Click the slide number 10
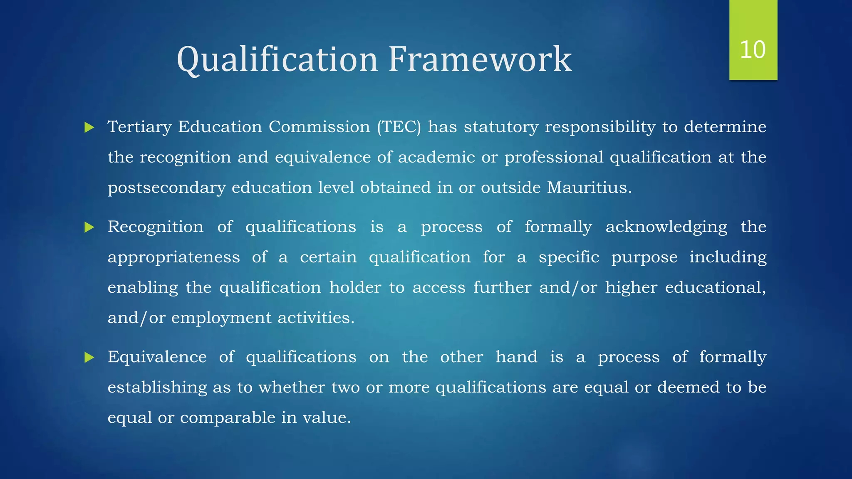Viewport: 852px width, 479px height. tap(753, 50)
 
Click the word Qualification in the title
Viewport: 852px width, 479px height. tap(277, 59)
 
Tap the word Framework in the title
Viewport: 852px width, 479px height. tap(480, 59)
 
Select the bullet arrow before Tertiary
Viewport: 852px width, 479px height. tap(89, 127)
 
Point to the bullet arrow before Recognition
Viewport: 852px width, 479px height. tap(89, 227)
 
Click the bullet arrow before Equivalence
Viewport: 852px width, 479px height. tap(89, 357)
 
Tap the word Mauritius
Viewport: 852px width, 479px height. tap(589, 188)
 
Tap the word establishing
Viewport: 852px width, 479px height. tap(157, 388)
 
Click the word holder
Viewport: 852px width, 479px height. tap(355, 288)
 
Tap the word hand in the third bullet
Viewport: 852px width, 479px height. tap(516, 357)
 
